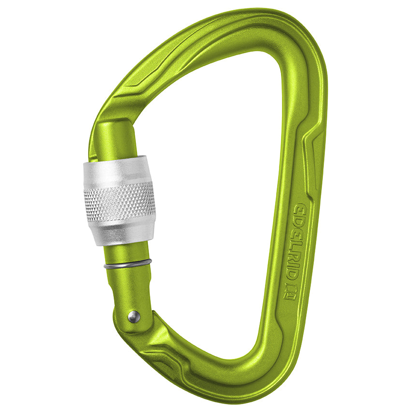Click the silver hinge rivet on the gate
(134, 317)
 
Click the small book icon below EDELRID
(290, 292)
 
